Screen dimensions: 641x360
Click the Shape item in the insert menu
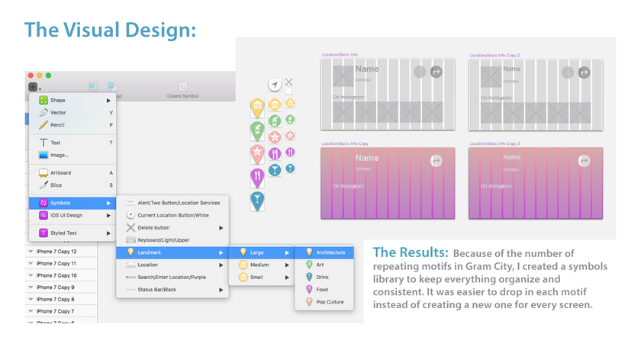(x=58, y=100)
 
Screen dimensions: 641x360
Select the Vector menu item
(x=58, y=112)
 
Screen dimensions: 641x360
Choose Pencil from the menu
(x=57, y=124)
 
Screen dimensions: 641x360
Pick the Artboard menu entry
(x=60, y=173)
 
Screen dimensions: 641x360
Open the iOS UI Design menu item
(x=67, y=215)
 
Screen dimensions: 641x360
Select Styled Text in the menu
(x=63, y=233)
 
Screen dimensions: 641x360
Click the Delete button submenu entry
(x=153, y=227)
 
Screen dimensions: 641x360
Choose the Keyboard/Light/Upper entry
(x=163, y=239)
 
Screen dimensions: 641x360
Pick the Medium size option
(x=259, y=265)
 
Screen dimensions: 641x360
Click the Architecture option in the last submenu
(x=330, y=252)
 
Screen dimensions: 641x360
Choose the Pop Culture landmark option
(x=330, y=302)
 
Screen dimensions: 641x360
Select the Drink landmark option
(x=322, y=277)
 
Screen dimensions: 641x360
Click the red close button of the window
(x=31, y=76)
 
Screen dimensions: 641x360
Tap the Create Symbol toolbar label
(x=182, y=96)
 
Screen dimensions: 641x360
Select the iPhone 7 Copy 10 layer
(x=56, y=275)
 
